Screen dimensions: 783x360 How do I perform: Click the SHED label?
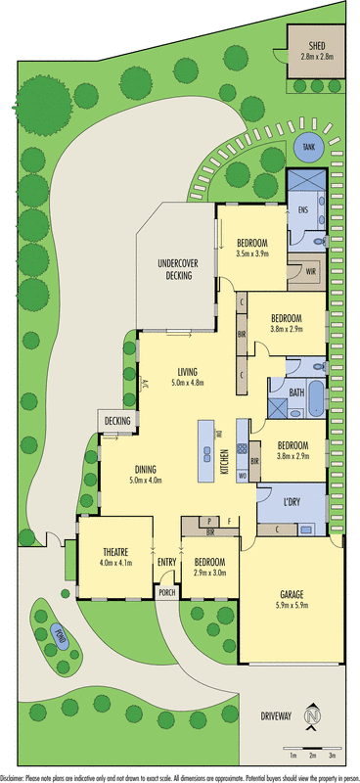[317, 45]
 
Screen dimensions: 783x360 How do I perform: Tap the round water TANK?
[309, 147]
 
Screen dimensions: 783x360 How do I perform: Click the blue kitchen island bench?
[206, 451]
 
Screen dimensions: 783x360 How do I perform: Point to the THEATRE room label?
[113, 557]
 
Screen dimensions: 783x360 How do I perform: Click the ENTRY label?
[165, 562]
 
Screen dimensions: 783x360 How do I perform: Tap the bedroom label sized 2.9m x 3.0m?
[210, 567]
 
